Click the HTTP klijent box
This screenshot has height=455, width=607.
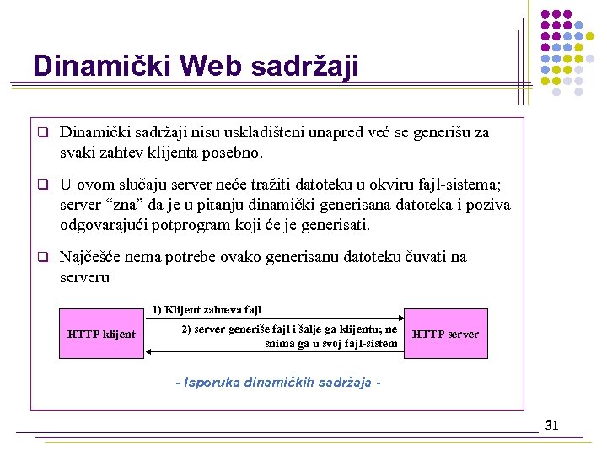[101, 335]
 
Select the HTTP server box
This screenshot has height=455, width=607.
[445, 335]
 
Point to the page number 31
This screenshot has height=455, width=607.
[552, 426]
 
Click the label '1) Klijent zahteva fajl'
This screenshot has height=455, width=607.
[207, 310]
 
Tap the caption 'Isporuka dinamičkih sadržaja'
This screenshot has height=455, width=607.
[279, 383]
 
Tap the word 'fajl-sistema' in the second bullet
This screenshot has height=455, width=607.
[465, 185]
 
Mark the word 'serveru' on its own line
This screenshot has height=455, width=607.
[85, 277]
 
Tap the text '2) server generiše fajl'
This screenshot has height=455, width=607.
[235, 329]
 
